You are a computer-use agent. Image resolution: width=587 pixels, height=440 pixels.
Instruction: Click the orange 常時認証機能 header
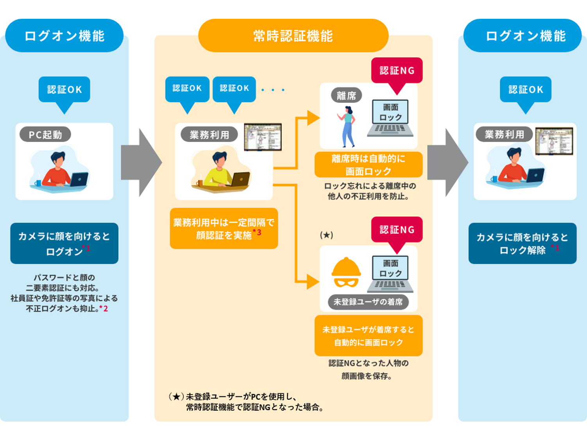click(x=293, y=36)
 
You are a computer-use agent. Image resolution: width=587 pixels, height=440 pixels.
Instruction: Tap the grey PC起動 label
click(x=45, y=135)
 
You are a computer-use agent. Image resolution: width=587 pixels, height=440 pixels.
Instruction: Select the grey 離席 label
click(x=346, y=95)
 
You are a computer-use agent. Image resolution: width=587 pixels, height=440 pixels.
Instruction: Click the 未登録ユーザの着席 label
click(x=368, y=302)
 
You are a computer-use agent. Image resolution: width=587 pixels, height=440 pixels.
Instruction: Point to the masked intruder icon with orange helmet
click(x=346, y=273)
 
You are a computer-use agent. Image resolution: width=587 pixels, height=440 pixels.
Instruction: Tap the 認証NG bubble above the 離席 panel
click(x=397, y=71)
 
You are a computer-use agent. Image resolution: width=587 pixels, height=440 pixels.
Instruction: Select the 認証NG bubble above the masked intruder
click(x=397, y=230)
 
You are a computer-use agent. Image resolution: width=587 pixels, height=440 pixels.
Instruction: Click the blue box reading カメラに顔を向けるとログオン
click(x=64, y=243)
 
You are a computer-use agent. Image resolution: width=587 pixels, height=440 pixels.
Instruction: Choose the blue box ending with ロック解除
click(x=522, y=243)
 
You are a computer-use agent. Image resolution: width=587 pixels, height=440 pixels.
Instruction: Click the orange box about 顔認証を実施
click(x=224, y=228)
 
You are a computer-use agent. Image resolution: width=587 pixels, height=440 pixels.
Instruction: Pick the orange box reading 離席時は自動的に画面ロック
click(x=368, y=165)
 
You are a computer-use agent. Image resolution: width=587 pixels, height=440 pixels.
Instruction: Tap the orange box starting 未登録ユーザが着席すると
click(x=368, y=336)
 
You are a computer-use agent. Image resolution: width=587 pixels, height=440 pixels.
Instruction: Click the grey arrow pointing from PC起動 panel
click(x=141, y=162)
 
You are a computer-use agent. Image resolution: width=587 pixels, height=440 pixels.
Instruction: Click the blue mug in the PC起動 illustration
click(x=38, y=183)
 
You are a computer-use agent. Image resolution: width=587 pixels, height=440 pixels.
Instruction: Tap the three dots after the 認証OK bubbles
click(x=273, y=90)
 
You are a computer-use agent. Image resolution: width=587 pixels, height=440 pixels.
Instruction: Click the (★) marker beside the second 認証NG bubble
click(x=326, y=235)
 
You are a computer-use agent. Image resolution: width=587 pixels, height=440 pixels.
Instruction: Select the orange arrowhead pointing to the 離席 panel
click(x=313, y=118)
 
